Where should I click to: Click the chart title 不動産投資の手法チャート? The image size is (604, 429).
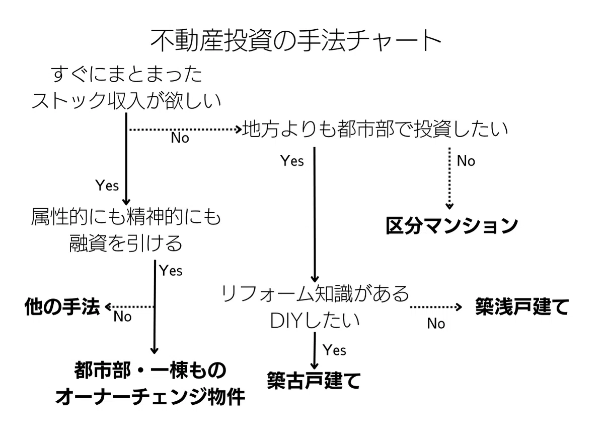(296, 41)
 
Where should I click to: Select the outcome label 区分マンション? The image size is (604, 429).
(451, 225)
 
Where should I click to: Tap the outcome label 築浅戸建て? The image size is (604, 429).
(521, 307)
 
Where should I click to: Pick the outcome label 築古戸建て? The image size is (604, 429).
(313, 380)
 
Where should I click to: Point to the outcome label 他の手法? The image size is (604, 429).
(62, 307)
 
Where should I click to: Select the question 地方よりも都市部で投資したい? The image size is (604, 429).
(375, 130)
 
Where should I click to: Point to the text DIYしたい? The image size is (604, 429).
(315, 320)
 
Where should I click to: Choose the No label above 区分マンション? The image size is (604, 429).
(466, 161)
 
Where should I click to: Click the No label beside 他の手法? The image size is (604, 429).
(122, 317)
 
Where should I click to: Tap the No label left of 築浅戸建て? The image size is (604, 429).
(436, 324)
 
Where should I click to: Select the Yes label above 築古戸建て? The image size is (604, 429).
(334, 349)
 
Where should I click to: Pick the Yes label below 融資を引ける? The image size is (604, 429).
(171, 271)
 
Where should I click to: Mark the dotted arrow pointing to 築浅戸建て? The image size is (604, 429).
(435, 307)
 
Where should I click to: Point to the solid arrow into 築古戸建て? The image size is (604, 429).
(315, 350)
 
